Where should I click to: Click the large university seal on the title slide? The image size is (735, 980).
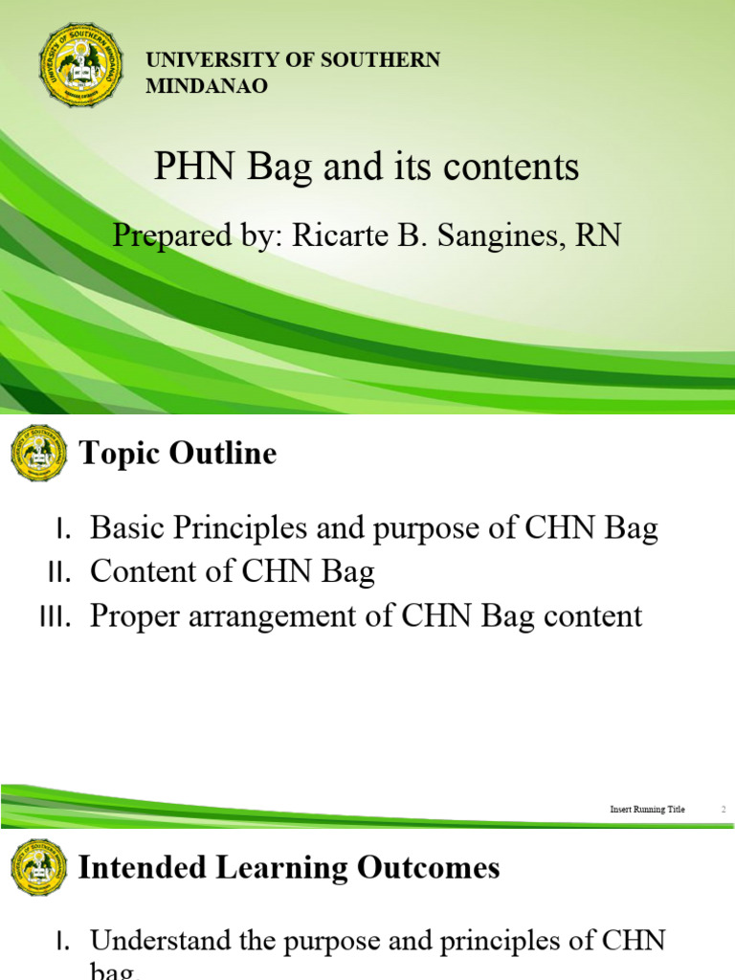(x=81, y=66)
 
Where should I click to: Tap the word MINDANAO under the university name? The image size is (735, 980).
(x=207, y=86)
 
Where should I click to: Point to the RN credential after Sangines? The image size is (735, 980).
(x=599, y=234)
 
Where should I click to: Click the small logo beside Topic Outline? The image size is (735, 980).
(x=38, y=453)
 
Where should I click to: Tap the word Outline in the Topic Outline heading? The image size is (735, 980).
(x=226, y=454)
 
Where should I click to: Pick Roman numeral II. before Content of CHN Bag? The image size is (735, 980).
(x=60, y=572)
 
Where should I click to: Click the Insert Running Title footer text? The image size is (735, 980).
(x=648, y=810)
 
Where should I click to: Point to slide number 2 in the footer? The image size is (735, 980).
(x=724, y=810)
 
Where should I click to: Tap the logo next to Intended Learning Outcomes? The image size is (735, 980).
(x=38, y=867)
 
